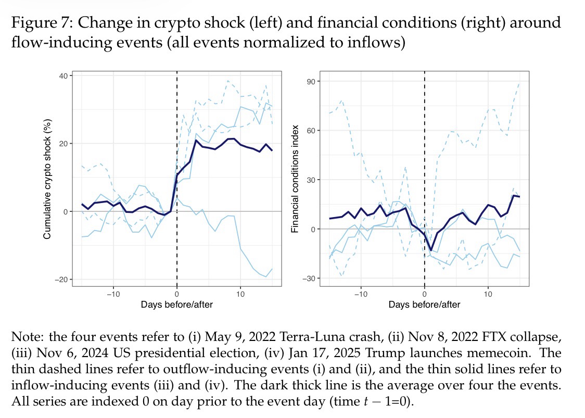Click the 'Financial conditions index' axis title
[295, 178]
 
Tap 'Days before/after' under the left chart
[176, 305]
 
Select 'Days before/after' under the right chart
[424, 305]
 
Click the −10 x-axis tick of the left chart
[113, 294]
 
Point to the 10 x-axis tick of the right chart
[488, 294]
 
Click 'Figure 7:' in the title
[42, 23]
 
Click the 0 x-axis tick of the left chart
[177, 294]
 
